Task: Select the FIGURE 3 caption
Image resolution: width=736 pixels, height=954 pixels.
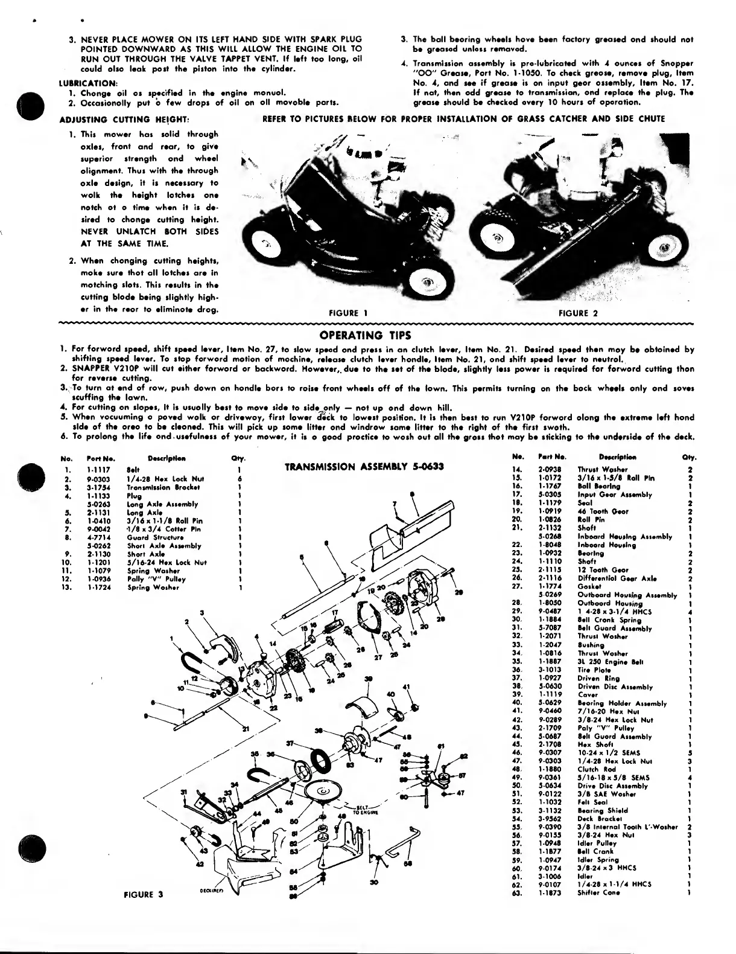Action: tap(143, 894)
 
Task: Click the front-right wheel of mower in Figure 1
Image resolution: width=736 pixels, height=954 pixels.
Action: tap(427, 281)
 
